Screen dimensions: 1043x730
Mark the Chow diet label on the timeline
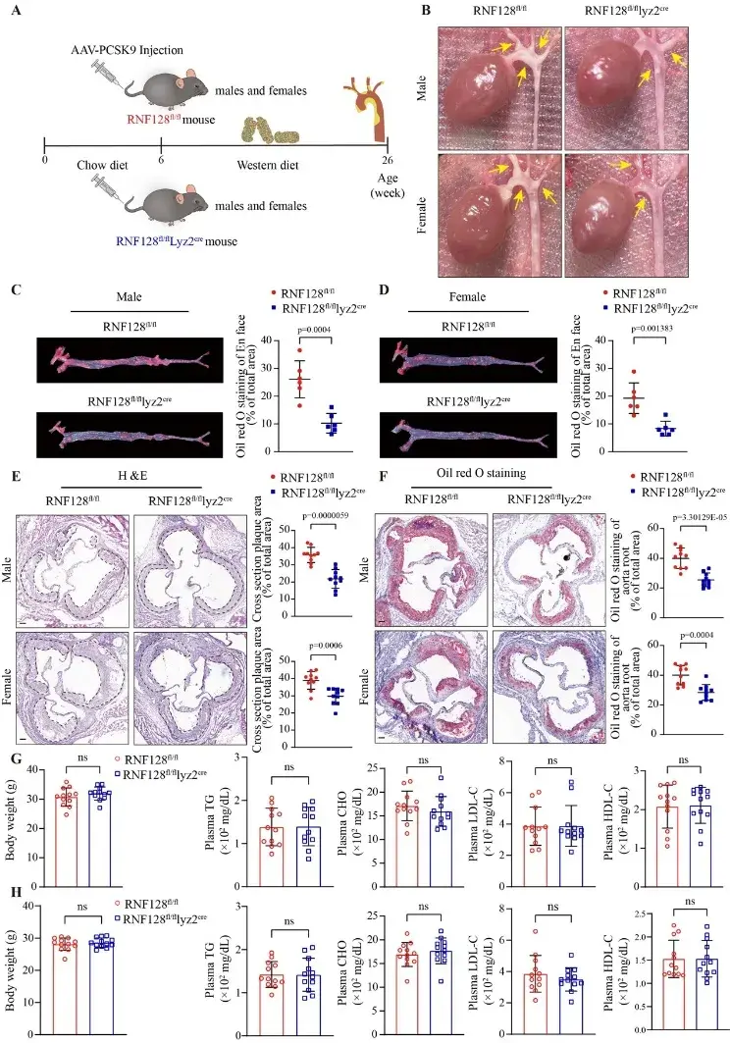pyautogui.click(x=103, y=165)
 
